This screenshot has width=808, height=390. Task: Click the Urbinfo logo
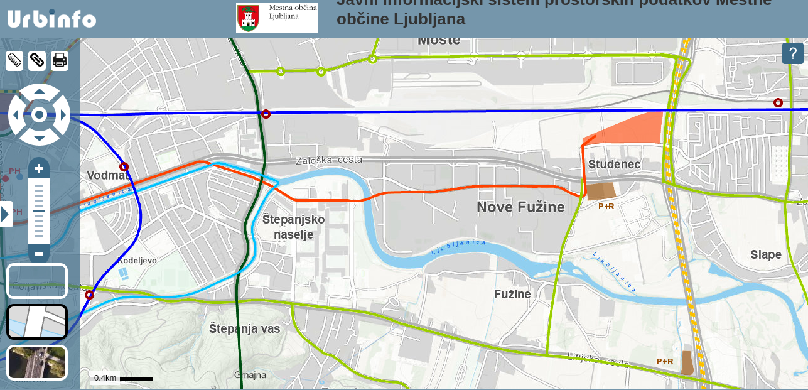click(51, 19)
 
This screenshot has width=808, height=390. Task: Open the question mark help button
click(792, 53)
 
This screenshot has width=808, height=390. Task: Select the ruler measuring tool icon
click(14, 60)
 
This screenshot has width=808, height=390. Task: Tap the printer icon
click(60, 60)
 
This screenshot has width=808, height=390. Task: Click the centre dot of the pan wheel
click(39, 114)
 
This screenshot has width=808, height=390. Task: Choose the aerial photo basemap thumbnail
click(37, 362)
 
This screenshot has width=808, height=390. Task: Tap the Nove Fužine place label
click(520, 207)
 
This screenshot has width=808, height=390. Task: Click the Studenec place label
click(614, 165)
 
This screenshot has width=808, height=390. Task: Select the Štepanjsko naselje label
click(293, 227)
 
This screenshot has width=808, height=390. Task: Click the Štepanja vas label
click(244, 328)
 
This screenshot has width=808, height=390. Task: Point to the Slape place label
click(765, 254)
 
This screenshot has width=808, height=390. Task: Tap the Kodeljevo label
click(137, 260)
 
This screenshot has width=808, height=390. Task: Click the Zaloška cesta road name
click(329, 160)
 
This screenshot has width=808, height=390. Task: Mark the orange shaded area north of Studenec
click(628, 129)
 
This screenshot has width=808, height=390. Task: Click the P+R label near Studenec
click(606, 206)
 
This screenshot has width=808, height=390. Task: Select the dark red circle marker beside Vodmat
click(124, 167)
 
